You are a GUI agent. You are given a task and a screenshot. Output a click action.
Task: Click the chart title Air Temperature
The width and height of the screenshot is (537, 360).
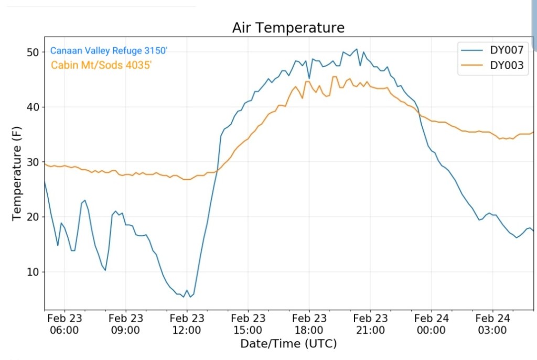click(288, 28)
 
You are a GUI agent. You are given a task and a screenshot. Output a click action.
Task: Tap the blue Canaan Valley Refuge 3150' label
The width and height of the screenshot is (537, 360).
click(109, 51)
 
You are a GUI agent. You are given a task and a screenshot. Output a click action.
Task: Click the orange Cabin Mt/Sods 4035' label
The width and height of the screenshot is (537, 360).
click(101, 66)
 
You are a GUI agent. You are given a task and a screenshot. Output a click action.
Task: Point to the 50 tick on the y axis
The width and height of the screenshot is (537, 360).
click(34, 52)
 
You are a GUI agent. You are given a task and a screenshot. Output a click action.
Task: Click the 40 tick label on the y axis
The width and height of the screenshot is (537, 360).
click(34, 107)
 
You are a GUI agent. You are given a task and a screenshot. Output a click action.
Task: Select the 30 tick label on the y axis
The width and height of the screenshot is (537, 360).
click(34, 162)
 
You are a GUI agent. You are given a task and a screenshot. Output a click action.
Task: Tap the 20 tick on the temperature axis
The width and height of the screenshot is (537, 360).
click(34, 217)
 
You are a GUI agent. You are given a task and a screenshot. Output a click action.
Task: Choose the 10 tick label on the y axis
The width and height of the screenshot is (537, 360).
click(34, 272)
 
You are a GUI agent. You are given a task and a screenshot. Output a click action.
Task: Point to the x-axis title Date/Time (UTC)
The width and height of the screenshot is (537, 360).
click(288, 344)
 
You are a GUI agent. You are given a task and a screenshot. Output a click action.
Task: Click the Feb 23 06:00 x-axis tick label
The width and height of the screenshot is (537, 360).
click(65, 324)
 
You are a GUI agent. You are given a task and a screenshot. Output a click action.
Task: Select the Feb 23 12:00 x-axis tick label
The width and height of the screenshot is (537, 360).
click(187, 324)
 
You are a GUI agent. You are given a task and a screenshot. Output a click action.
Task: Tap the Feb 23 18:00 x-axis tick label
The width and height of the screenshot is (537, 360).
click(309, 324)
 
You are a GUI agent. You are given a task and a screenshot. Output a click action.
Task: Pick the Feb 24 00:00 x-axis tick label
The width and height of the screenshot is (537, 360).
click(431, 324)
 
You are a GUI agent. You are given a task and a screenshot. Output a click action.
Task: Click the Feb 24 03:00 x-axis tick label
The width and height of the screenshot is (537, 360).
click(492, 324)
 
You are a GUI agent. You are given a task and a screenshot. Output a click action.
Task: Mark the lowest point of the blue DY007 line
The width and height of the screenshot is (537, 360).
click(183, 297)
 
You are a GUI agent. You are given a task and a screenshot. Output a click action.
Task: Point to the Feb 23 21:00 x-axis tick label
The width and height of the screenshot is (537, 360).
click(370, 324)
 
